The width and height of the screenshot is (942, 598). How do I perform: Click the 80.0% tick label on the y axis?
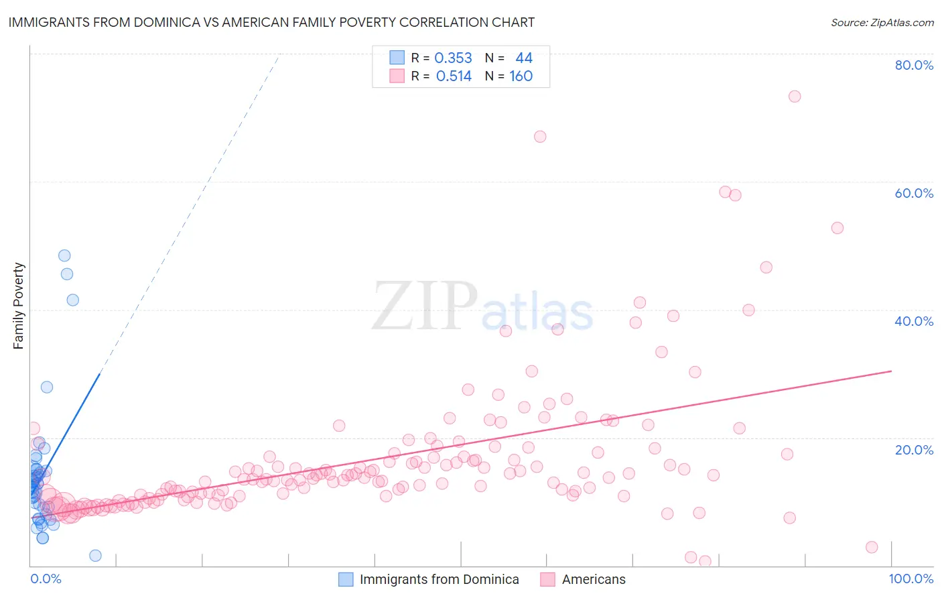(x=914, y=65)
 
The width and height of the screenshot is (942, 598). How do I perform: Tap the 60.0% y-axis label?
(x=914, y=193)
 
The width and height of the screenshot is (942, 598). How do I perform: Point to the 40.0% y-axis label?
(x=914, y=321)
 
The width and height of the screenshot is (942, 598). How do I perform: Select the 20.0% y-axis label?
(x=914, y=450)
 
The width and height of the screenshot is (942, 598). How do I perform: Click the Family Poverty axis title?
(x=19, y=306)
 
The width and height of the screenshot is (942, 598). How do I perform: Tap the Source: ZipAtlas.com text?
(x=882, y=22)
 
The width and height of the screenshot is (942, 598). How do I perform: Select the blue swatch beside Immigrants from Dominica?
(x=346, y=579)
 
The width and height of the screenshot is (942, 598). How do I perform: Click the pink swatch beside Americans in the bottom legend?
(x=548, y=579)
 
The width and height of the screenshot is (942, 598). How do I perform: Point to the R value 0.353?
(x=453, y=58)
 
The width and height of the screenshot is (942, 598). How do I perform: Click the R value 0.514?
(x=454, y=76)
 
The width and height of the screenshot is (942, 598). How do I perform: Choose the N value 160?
(x=521, y=76)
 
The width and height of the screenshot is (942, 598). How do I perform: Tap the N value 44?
(x=523, y=58)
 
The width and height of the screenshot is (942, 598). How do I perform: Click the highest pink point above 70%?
(x=795, y=96)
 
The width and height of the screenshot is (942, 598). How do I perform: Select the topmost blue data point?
(x=64, y=255)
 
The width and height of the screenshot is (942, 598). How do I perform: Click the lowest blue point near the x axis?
(x=95, y=555)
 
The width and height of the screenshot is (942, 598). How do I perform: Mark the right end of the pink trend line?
(x=891, y=371)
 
